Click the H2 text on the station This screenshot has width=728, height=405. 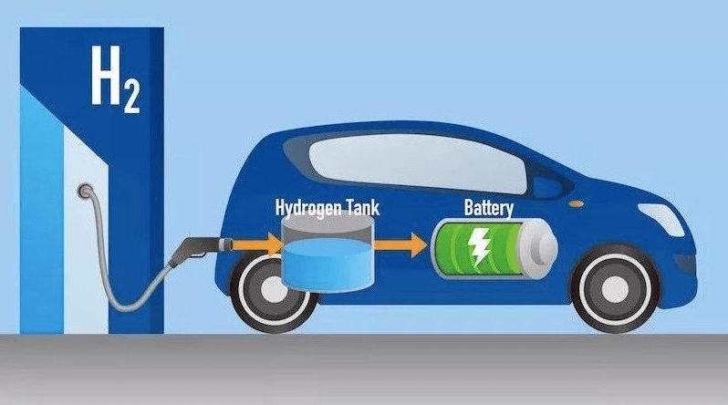coord(115,79)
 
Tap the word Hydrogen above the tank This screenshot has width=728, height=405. coord(306,208)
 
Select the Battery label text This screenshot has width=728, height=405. coord(488,208)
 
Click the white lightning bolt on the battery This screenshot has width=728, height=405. coord(478,246)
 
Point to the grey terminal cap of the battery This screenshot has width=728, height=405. coord(538,249)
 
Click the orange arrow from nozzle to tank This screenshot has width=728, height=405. coord(256,244)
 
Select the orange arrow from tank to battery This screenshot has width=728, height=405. coord(400,244)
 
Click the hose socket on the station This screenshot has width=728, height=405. coord(86,190)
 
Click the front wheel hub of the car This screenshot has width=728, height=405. coord(615,288)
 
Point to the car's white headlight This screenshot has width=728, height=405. coord(661,218)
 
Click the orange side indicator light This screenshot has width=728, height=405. coord(577,203)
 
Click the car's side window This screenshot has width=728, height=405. coord(417,163)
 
